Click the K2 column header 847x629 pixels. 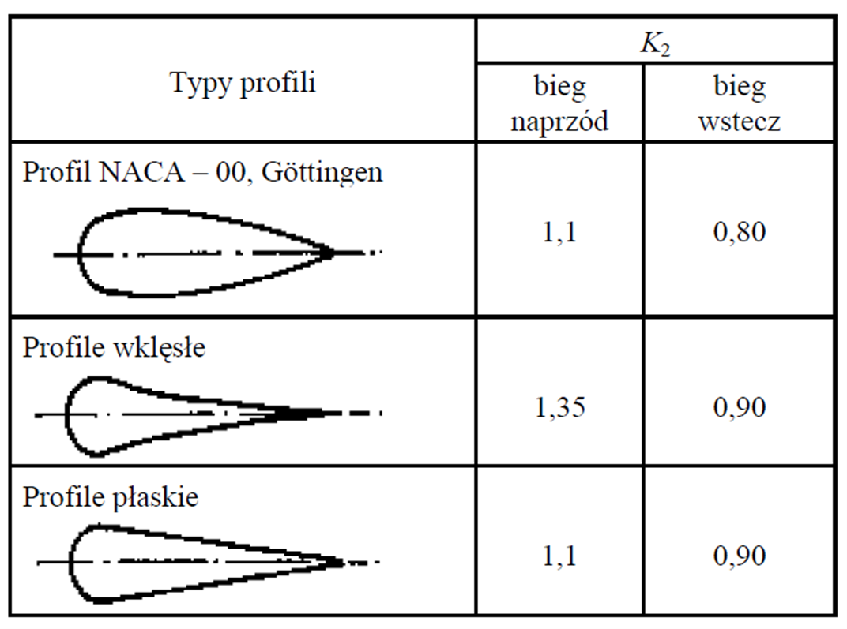[655, 44]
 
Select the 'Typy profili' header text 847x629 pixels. [243, 84]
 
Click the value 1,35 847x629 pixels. [559, 406]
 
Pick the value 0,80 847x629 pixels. [739, 232]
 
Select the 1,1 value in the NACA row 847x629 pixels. [559, 232]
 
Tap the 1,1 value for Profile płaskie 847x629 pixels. [559, 556]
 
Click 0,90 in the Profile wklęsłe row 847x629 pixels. [739, 406]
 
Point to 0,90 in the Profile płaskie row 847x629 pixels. [739, 556]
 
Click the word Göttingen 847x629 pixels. [322, 173]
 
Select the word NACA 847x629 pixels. [142, 173]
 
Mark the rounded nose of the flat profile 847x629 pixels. [71, 563]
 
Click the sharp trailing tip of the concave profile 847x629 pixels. [324, 414]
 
